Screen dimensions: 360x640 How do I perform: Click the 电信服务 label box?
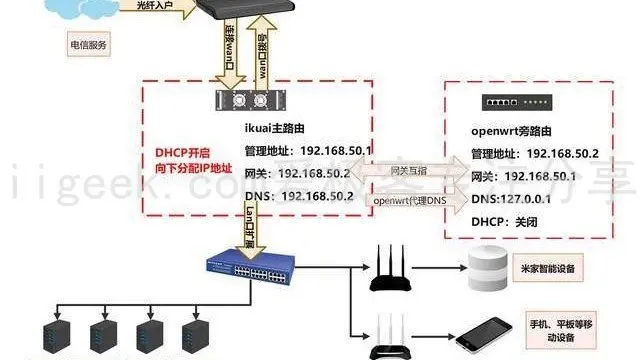tap(88, 45)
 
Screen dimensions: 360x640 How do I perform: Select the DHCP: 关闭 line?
tap(511, 220)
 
